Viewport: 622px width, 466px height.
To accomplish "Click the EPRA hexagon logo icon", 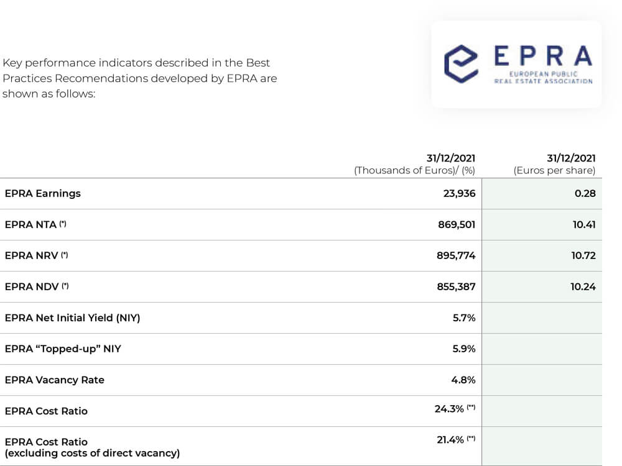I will pyautogui.click(x=461, y=64).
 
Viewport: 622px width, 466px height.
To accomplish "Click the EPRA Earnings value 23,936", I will pyautogui.click(x=459, y=193).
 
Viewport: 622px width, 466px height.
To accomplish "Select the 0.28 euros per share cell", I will pyautogui.click(x=585, y=193).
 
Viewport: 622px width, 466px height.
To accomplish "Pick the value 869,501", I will pyautogui.click(x=457, y=224).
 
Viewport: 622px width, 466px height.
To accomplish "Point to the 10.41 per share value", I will pyautogui.click(x=584, y=224).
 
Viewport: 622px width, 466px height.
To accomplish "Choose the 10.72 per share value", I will pyautogui.click(x=583, y=255).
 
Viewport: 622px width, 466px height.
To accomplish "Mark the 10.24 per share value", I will pyautogui.click(x=583, y=286).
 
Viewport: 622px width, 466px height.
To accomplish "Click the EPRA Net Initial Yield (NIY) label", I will pyautogui.click(x=72, y=318).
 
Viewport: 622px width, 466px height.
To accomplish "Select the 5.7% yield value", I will pyautogui.click(x=464, y=318).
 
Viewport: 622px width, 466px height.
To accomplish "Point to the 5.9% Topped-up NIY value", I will pyautogui.click(x=464, y=349).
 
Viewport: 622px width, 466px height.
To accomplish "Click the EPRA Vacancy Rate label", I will pyautogui.click(x=54, y=380).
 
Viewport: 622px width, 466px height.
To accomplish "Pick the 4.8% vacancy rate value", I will pyautogui.click(x=464, y=380).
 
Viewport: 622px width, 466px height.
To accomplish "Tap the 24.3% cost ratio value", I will pyautogui.click(x=449, y=409).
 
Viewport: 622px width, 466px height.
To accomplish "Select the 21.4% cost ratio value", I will pyautogui.click(x=449, y=440).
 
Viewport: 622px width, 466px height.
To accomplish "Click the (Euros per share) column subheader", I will pyautogui.click(x=554, y=170).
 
